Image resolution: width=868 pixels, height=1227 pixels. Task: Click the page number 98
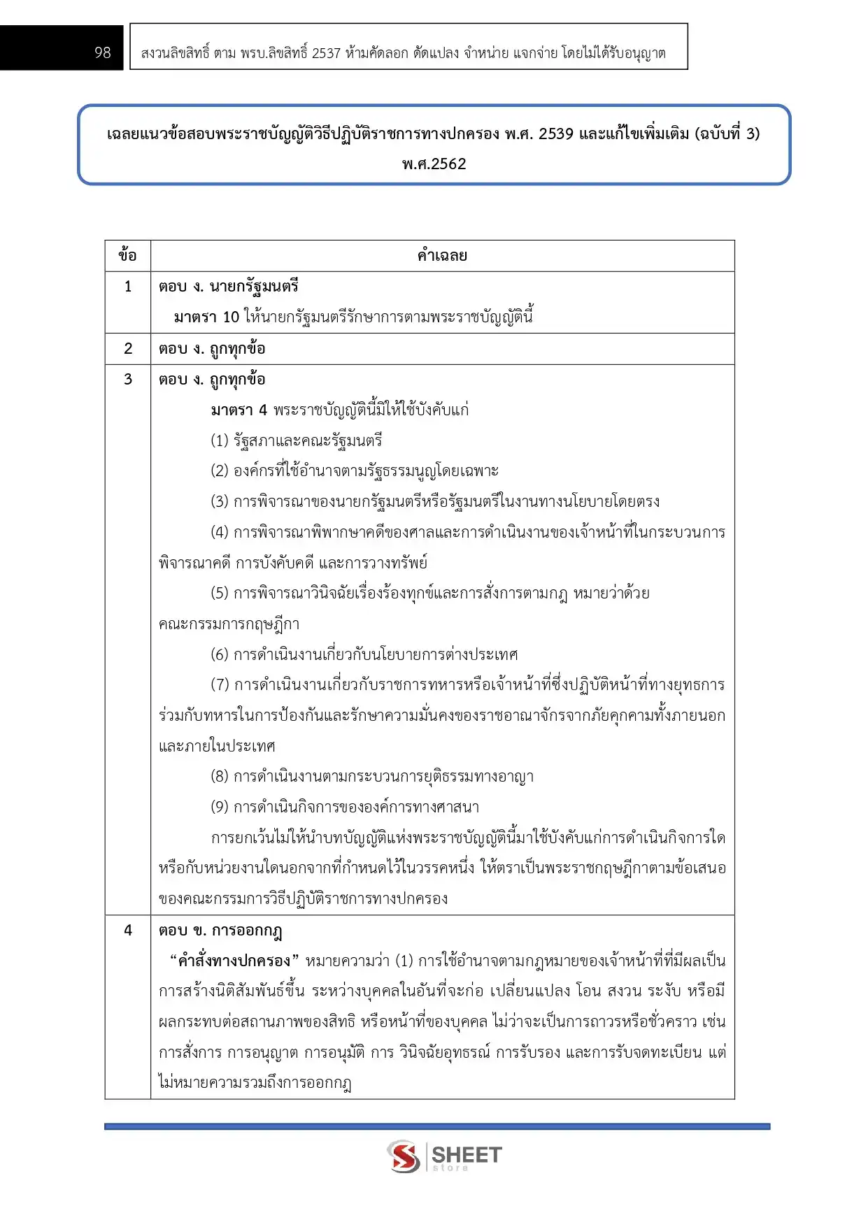pos(103,52)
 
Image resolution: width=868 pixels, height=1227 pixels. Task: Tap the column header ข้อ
pos(127,255)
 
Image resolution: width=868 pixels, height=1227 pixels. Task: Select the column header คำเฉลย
pos(442,255)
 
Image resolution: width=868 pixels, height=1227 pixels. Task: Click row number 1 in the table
pos(128,286)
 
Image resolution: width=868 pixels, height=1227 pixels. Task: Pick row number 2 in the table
pos(128,348)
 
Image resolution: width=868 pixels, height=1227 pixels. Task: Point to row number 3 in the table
pos(128,379)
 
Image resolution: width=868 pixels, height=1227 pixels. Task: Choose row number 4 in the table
pos(128,930)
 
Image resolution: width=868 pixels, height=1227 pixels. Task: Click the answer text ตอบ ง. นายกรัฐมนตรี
pos(229,286)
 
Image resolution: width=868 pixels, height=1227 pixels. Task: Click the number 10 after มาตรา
pos(231,317)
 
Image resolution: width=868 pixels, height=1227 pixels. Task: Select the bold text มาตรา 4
pos(239,410)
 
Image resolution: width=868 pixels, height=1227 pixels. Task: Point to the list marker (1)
pos(220,440)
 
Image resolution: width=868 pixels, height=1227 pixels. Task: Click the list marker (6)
pos(220,654)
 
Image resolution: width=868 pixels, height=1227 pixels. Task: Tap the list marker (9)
pos(220,807)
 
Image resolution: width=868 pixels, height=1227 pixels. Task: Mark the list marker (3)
pos(220,501)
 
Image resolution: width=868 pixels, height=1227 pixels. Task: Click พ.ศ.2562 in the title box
pos(434,164)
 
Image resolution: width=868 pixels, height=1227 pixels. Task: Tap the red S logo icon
pos(404,1156)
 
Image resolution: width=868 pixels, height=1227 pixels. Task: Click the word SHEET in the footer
pos(467,1154)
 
